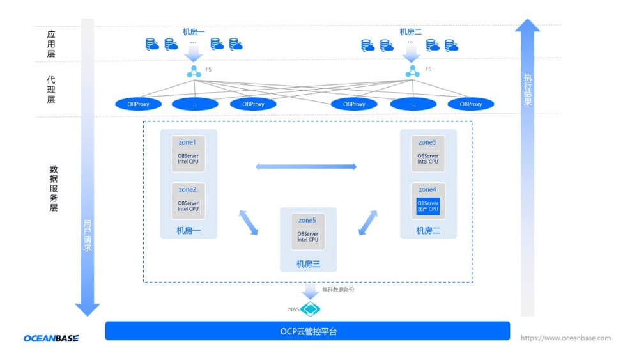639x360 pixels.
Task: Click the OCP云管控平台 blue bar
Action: coord(307,331)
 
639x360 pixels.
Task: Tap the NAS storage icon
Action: coord(311,309)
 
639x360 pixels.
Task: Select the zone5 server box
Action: coord(308,235)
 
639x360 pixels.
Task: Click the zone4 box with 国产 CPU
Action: coord(427,207)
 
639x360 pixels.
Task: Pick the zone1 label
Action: coord(188,142)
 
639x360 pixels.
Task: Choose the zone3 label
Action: coord(427,142)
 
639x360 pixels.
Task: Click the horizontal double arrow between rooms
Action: coord(306,167)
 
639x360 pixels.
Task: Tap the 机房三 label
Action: coord(308,263)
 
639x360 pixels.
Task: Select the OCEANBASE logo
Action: coord(51,338)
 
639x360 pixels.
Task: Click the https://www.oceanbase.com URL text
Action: coord(566,338)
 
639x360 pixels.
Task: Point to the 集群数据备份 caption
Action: coord(338,290)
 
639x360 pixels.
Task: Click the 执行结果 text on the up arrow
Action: coord(528,90)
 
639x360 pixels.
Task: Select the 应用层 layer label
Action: coord(51,44)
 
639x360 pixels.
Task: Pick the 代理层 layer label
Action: coord(51,90)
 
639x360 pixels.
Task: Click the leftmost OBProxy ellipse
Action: coord(141,104)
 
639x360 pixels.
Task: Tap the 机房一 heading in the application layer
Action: coord(194,31)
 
